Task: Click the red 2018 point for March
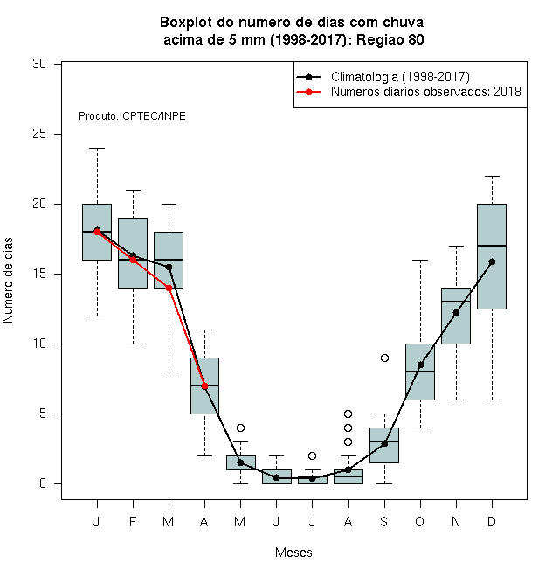pos(169,288)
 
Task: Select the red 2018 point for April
pos(205,386)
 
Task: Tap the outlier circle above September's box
pos(384,358)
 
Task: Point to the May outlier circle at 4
pos(240,428)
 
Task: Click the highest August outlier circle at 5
pos(348,414)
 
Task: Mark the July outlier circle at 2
pos(312,456)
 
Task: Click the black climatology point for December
pos(492,262)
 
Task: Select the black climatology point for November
pos(456,312)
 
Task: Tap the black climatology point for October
pos(420,365)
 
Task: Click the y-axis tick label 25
pos(39,134)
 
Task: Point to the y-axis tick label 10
pos(39,344)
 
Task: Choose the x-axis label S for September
pos(384,521)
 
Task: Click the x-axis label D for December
pos(492,521)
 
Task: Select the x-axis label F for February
pos(133,521)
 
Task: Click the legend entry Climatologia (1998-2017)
pos(400,77)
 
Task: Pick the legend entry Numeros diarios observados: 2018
pos(426,92)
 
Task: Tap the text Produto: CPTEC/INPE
pos(132,116)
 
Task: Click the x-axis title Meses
pos(293,553)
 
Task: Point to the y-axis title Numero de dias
pos(8,281)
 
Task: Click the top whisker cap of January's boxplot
pos(97,149)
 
